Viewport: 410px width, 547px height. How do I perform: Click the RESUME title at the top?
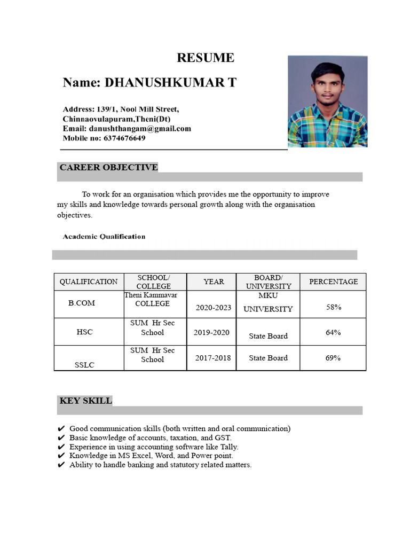205,58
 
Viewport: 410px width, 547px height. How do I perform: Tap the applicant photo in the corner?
327,101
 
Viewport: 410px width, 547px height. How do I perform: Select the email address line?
127,129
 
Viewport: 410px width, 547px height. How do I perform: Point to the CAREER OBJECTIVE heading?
108,167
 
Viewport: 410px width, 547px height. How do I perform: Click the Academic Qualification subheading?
104,236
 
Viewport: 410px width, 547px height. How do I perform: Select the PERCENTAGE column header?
333,282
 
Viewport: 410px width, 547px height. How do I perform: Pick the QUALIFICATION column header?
89,282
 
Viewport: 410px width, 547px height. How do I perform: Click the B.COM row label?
82,303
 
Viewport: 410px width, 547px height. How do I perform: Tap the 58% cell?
333,307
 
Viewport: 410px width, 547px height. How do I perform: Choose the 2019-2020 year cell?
211,332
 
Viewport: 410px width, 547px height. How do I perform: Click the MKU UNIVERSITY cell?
268,302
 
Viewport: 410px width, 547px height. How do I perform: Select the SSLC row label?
84,365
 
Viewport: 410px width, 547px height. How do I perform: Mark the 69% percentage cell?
333,358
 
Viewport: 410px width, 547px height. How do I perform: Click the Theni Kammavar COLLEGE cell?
152,299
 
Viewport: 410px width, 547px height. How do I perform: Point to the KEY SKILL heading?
85,400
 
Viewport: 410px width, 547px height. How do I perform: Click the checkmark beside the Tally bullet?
61,447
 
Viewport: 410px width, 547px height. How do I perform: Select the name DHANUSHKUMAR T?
150,83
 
